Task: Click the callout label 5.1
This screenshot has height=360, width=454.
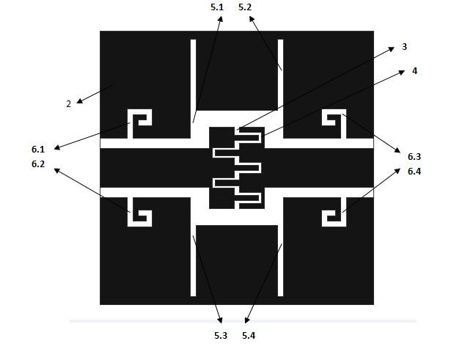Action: (217, 7)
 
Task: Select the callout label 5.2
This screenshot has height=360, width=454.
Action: (245, 7)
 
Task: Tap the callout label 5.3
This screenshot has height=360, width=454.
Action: (221, 336)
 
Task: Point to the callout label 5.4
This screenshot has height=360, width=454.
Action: (249, 336)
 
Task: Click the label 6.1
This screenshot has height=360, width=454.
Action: (38, 150)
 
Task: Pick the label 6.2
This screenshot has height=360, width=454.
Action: (38, 164)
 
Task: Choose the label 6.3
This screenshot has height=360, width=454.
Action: (414, 157)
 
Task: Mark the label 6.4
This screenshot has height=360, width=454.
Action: (414, 172)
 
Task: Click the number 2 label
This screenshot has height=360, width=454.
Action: (69, 104)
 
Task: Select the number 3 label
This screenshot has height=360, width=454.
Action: (404, 47)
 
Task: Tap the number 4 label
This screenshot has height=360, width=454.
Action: (414, 71)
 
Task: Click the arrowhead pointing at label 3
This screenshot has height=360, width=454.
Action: (391, 49)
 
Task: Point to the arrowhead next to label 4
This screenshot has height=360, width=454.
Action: (402, 73)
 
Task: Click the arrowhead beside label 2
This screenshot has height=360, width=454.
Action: (80, 101)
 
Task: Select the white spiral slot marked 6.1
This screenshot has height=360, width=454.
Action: (139, 124)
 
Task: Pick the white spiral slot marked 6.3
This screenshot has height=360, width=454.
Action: (334, 124)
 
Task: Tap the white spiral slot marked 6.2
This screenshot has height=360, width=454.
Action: (139, 212)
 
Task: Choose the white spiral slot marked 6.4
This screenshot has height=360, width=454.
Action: (334, 212)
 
